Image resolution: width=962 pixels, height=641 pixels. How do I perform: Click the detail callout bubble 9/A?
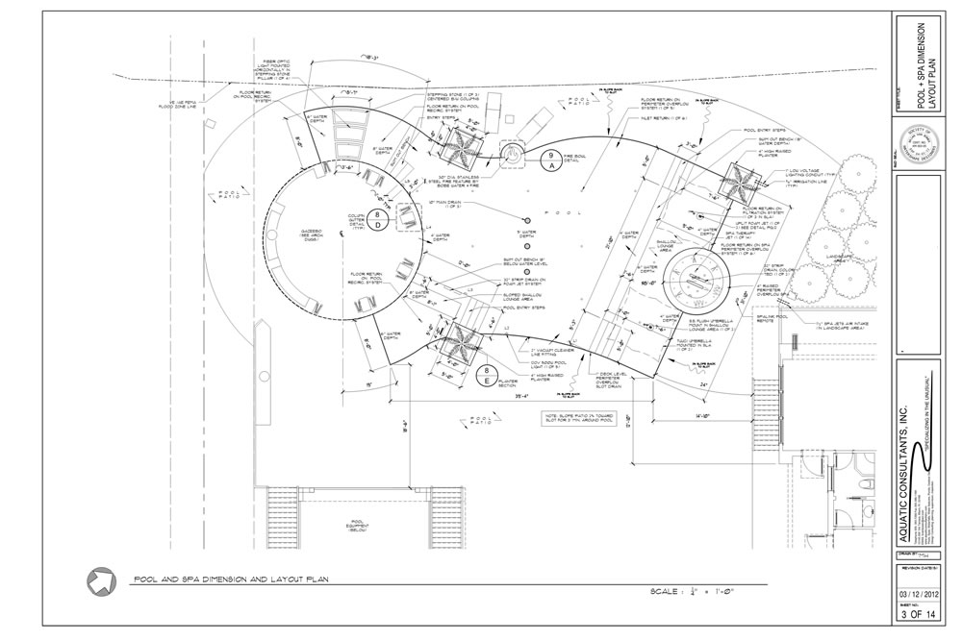tap(551, 160)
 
